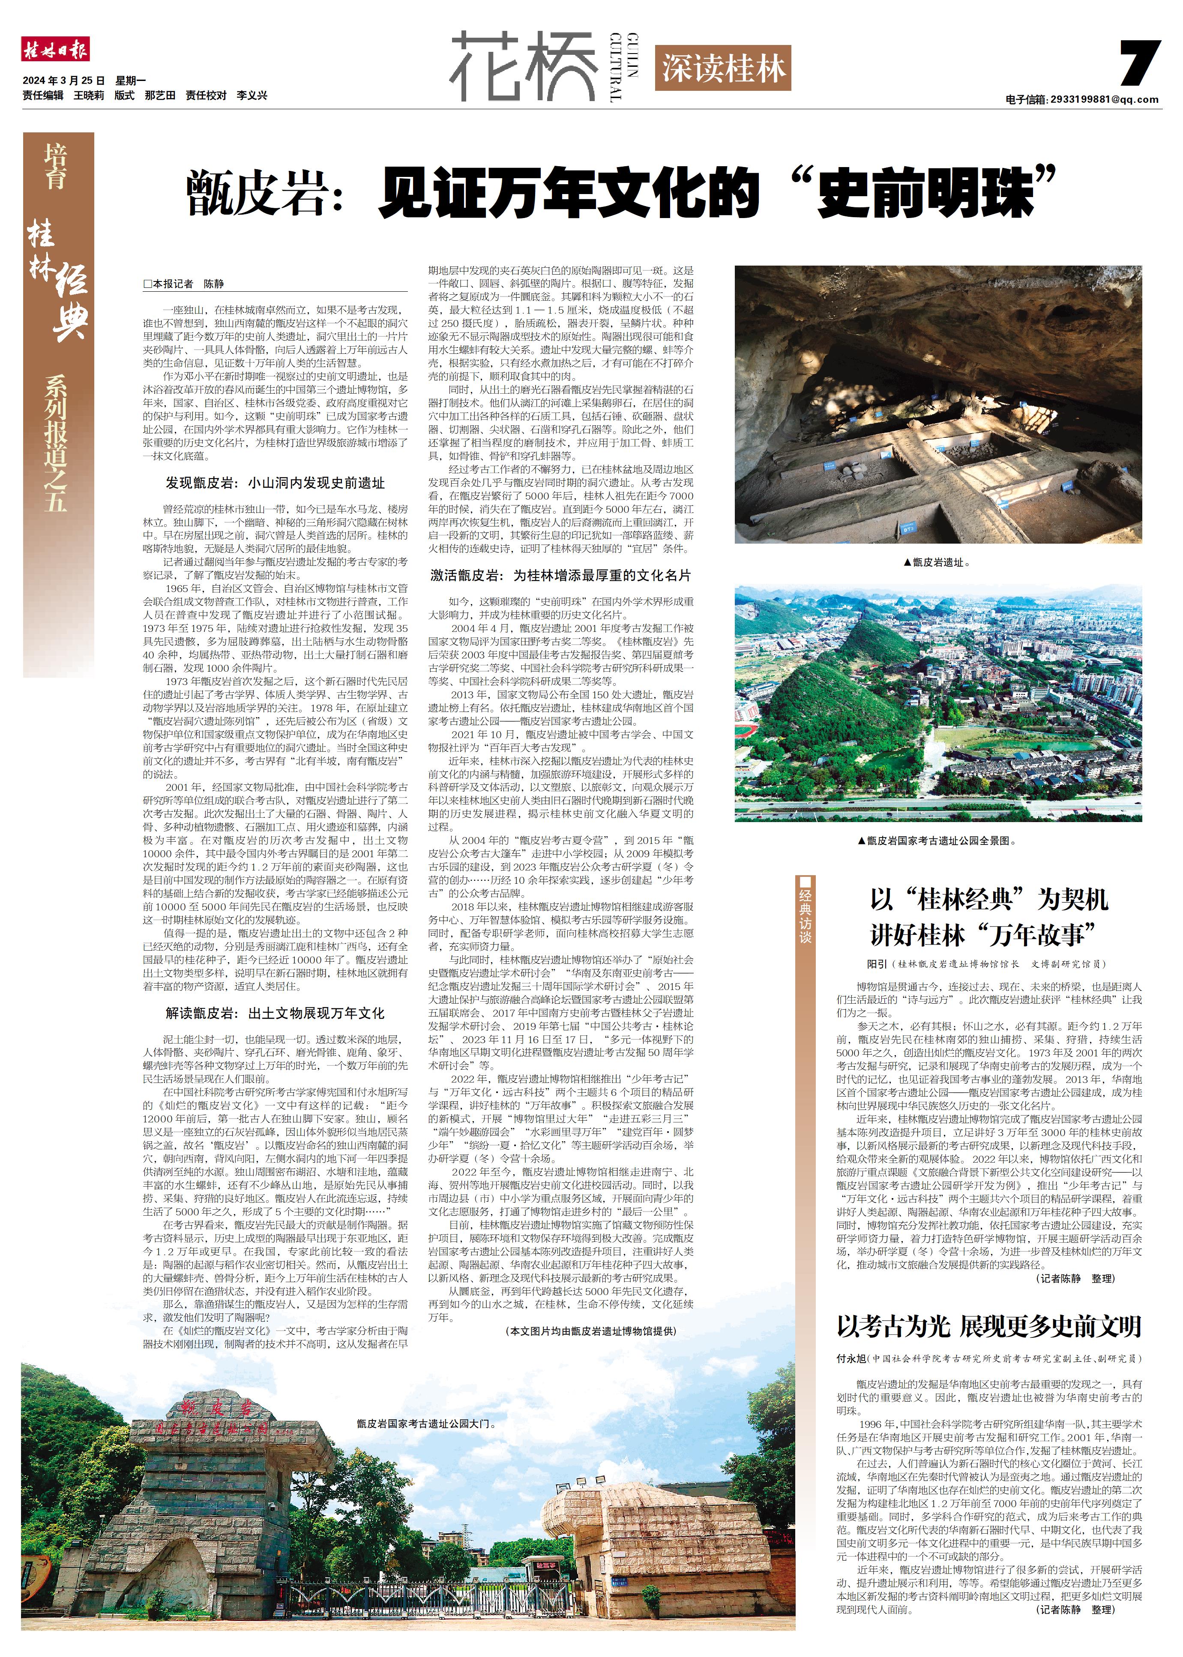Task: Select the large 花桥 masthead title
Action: tap(523, 67)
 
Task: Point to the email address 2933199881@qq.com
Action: tap(1104, 100)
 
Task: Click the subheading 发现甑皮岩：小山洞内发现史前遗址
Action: tap(276, 483)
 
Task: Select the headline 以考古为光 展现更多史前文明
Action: tap(988, 1327)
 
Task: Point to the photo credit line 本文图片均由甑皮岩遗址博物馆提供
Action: tap(590, 1331)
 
